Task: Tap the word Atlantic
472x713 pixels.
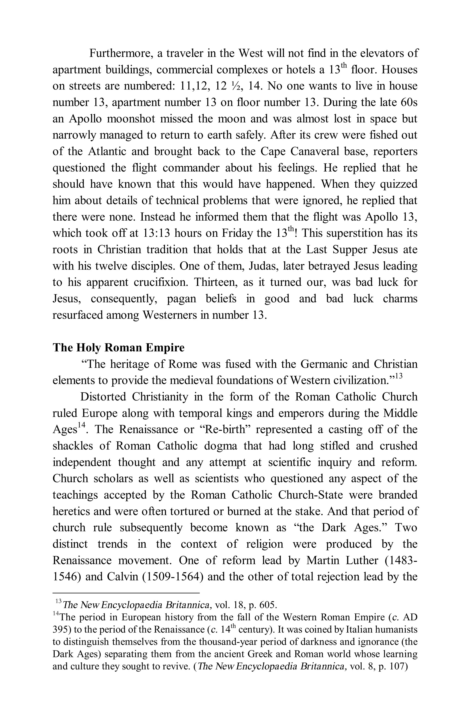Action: coord(107,151)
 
